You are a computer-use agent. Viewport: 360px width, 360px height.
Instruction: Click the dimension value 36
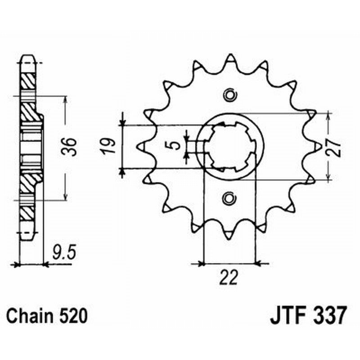pos(70,147)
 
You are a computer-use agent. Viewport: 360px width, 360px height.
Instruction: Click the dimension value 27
pos(334,146)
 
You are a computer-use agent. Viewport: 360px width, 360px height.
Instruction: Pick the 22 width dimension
pos(229,278)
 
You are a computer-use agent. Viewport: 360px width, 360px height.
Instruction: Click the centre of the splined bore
pos(230,147)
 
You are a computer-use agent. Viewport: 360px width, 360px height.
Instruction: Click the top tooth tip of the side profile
pos(27,58)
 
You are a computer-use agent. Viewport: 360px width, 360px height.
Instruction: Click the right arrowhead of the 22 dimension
pos(259,263)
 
